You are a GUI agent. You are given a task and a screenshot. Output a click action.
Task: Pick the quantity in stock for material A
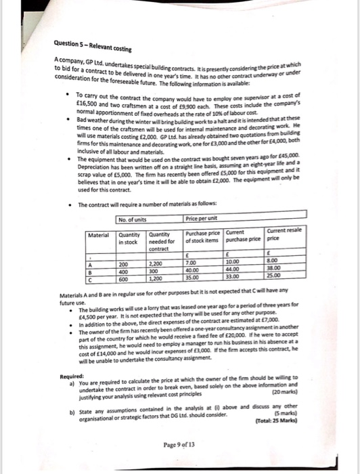125,262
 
